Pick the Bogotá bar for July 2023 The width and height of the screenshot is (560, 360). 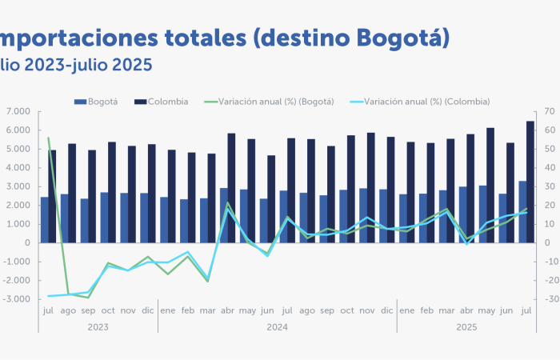pyautogui.click(x=44, y=219)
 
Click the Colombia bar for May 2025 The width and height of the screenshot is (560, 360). pyautogui.click(x=490, y=185)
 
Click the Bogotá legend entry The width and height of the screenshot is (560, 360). pyautogui.click(x=97, y=102)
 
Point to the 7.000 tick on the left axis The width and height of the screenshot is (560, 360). pyautogui.click(x=18, y=111)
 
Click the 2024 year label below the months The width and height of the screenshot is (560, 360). pyautogui.click(x=277, y=328)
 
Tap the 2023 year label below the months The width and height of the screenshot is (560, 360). pyautogui.click(x=98, y=328)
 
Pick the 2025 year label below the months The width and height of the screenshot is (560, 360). pyautogui.click(x=466, y=328)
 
